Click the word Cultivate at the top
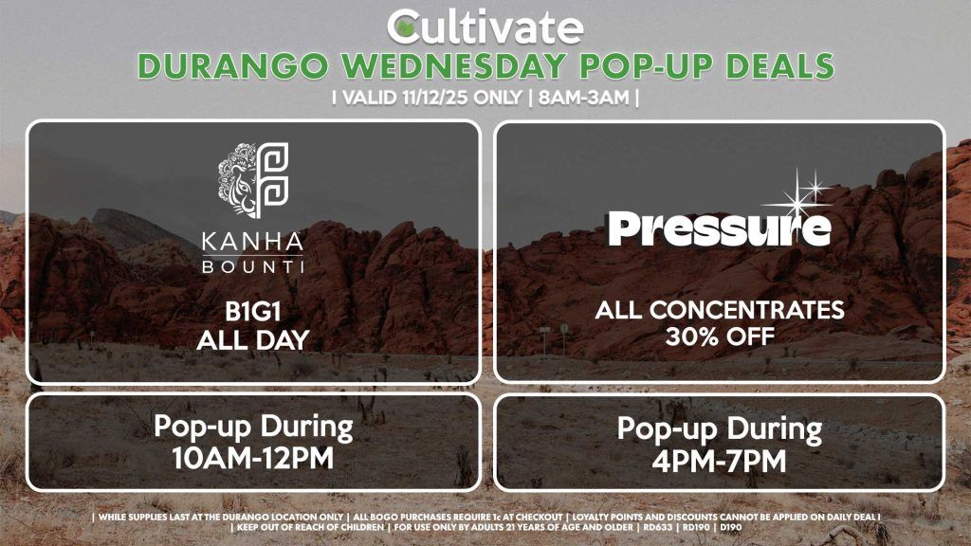click(x=485, y=27)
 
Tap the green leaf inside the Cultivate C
click(x=405, y=27)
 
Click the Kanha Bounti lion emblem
click(x=253, y=181)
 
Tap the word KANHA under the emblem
click(x=253, y=240)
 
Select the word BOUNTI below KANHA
click(x=253, y=266)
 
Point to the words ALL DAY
click(x=253, y=340)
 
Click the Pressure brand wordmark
click(x=720, y=228)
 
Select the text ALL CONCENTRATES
click(x=720, y=310)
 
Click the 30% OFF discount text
click(x=720, y=336)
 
